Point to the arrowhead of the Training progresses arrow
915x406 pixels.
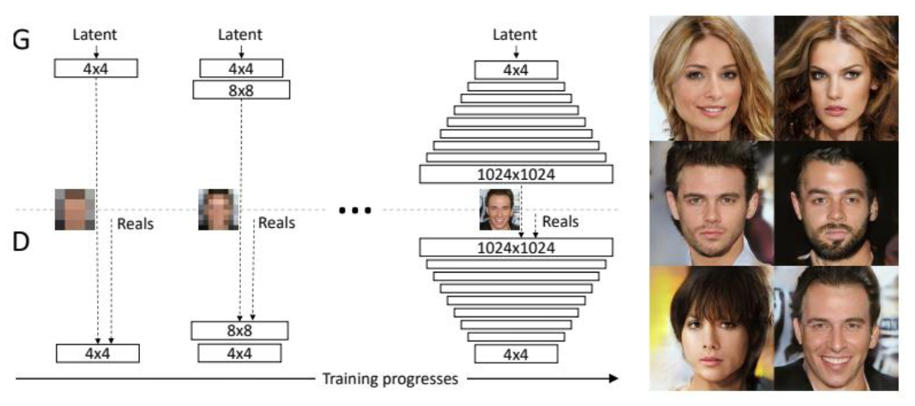tap(613, 379)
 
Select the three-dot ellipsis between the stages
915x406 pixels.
tap(356, 210)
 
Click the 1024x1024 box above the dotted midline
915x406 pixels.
tap(516, 174)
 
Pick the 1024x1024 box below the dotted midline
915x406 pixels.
tap(516, 247)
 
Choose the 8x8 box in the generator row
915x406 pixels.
tap(241, 89)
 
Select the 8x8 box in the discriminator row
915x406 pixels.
tap(240, 331)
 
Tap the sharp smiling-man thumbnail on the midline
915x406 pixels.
tap(495, 210)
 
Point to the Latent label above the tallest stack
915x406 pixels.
tap(515, 34)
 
